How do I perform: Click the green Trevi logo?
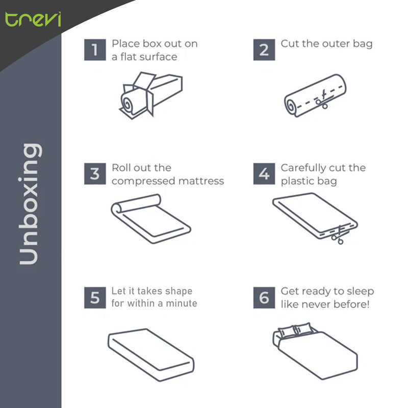tap(33, 19)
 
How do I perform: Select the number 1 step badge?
tap(95, 50)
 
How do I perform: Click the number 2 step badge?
tap(264, 50)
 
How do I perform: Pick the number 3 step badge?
tap(95, 174)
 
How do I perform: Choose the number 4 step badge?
tap(264, 174)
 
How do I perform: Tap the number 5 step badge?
tap(95, 297)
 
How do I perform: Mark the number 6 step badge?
tap(264, 297)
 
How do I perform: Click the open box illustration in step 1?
tap(150, 94)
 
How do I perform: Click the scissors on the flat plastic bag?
tap(336, 234)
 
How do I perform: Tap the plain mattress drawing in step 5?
tap(151, 352)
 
